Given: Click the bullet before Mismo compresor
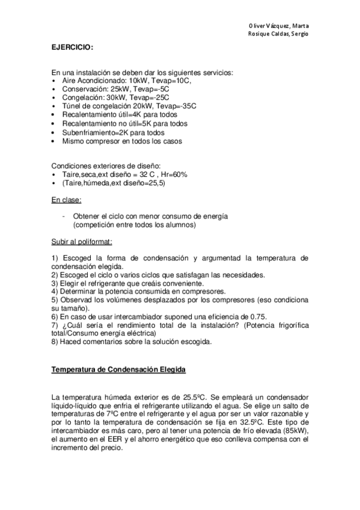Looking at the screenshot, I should click(55, 141).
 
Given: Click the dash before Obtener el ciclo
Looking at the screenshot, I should click(64, 216).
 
